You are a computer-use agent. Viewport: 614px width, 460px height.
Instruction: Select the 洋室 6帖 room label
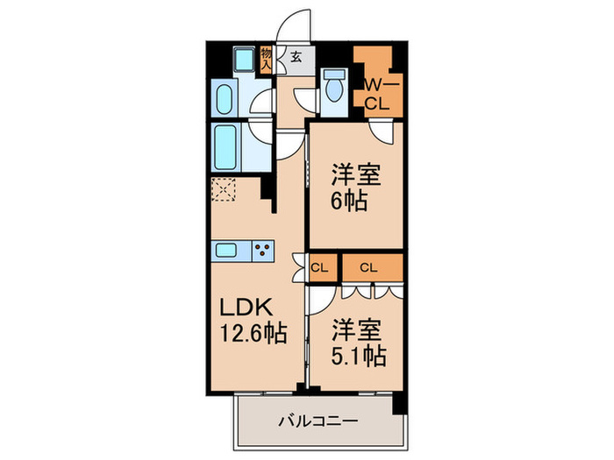coord(355,187)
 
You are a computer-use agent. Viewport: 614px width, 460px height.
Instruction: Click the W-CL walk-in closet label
coord(376,94)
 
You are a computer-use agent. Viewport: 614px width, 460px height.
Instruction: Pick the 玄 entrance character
coord(296,58)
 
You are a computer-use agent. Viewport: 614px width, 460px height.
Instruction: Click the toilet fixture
coord(333,88)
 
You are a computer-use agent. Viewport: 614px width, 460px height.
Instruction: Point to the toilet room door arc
coord(304,99)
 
